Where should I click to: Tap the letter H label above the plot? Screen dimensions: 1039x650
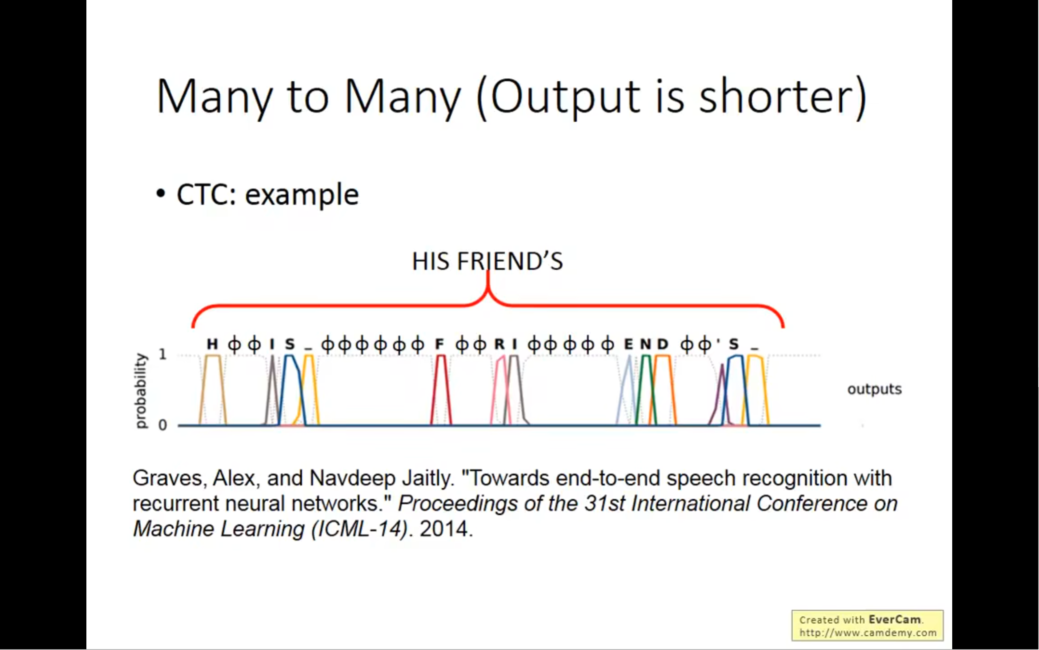point(212,344)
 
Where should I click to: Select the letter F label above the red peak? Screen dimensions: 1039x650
point(439,344)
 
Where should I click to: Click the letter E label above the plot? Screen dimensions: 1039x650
point(629,344)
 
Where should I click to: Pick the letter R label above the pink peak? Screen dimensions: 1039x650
point(499,344)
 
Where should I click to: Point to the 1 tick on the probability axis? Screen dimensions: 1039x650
point(163,355)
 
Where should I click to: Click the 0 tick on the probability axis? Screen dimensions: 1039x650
point(163,425)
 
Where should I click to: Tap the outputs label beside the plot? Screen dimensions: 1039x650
point(874,389)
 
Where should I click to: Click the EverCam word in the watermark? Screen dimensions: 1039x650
point(894,620)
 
